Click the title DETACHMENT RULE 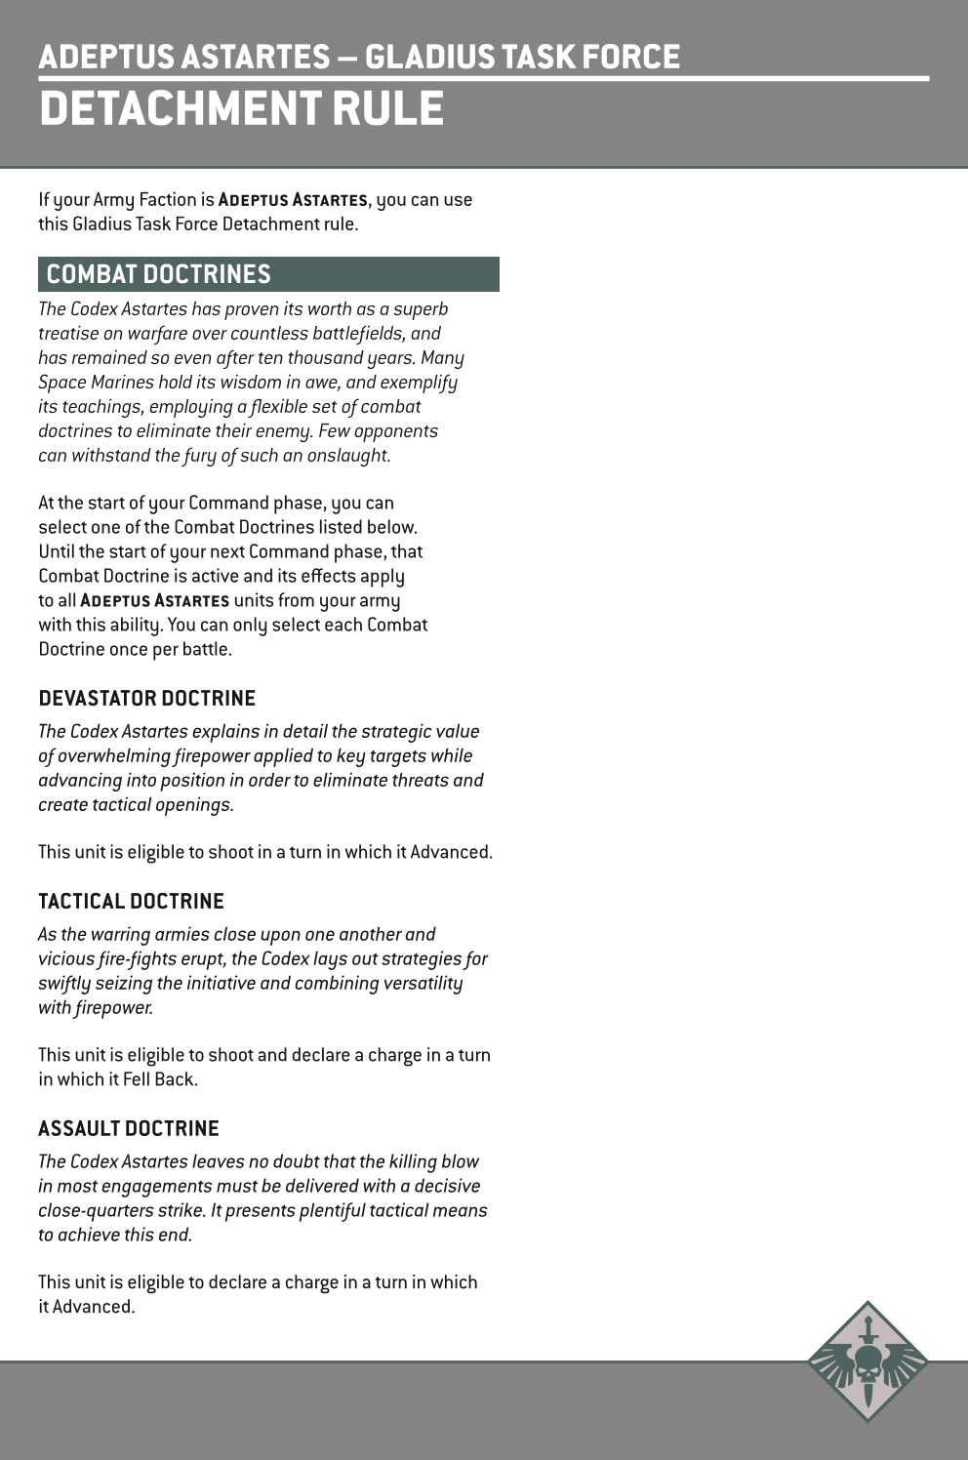tap(241, 107)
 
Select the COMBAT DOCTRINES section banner tap(268, 274)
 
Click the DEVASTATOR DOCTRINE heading tap(146, 699)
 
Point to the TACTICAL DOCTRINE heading tap(131, 902)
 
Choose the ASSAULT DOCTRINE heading tap(129, 1129)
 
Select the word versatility tap(409, 984)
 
